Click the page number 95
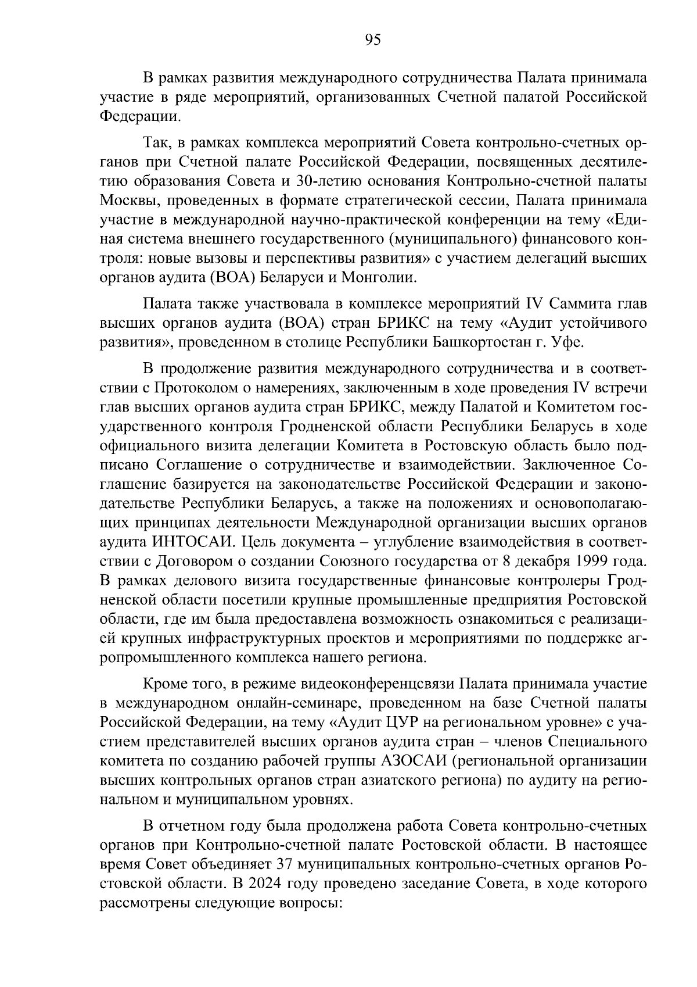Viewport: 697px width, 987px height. [372, 40]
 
